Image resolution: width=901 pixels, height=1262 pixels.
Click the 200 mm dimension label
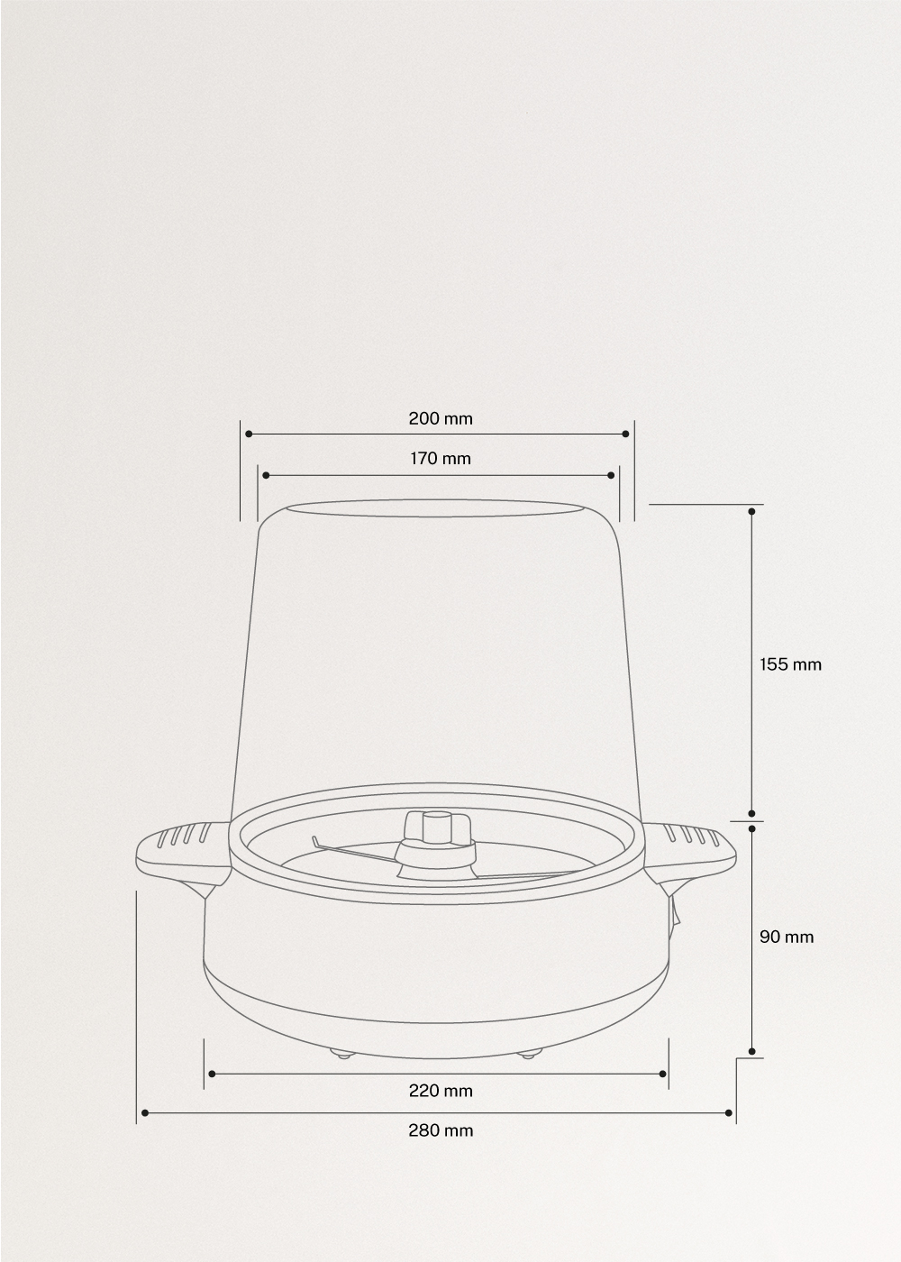[440, 418]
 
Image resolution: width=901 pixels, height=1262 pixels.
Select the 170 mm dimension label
[440, 459]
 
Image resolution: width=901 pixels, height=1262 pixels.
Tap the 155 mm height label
[790, 664]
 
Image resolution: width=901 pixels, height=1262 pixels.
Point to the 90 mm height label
[786, 937]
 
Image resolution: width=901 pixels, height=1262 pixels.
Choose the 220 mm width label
[440, 1091]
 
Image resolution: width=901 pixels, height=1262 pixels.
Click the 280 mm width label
[440, 1130]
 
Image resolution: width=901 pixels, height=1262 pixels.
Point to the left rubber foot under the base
[341, 1053]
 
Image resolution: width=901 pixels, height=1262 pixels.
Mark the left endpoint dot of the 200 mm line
[249, 434]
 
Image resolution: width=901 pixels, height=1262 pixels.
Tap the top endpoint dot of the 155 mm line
[751, 510]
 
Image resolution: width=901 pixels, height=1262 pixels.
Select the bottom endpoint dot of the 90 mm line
[751, 1051]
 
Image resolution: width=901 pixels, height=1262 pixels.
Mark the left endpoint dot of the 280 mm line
[144, 1113]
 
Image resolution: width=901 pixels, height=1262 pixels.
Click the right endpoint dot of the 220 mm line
[662, 1074]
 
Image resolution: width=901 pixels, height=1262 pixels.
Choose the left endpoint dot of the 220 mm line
[212, 1074]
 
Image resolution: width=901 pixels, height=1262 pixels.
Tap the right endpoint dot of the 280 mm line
[729, 1113]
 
